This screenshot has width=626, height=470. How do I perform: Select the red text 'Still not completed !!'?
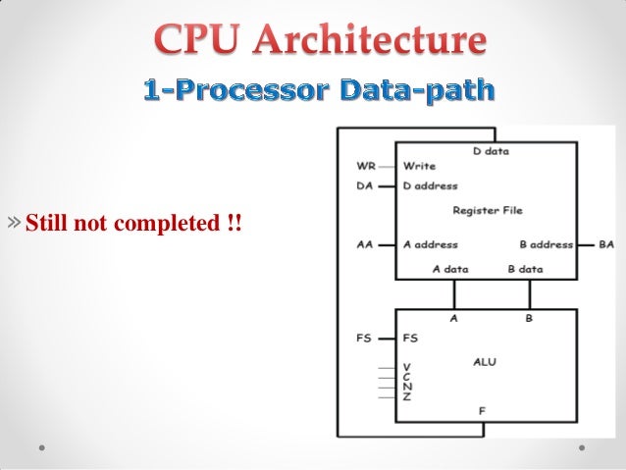(132, 224)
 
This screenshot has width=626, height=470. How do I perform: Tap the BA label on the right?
(605, 244)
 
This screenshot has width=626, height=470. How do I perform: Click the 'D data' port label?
(490, 151)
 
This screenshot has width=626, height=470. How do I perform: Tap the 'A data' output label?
(450, 268)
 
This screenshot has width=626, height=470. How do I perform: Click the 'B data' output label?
(525, 268)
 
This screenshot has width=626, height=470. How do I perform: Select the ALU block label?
(484, 362)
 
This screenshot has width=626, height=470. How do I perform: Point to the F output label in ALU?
(482, 411)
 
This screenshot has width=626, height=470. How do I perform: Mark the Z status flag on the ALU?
(407, 395)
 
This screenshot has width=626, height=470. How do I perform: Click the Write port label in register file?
(419, 166)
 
